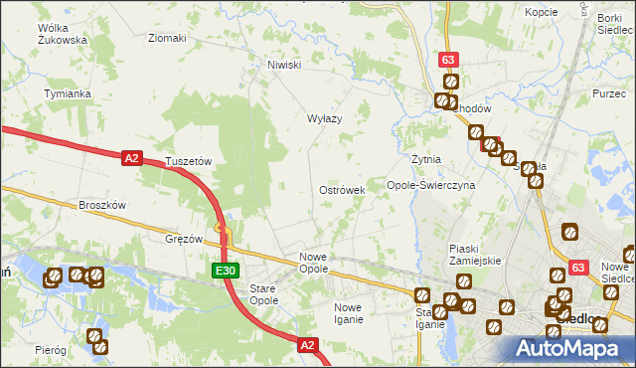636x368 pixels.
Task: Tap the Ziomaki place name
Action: tap(167, 39)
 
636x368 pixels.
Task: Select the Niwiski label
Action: tap(283, 65)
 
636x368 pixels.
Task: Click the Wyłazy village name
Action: tap(324, 118)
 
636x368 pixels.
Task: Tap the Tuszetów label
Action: tap(189, 161)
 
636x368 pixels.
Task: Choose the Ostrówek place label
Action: tap(342, 189)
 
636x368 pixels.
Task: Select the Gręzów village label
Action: tap(184, 240)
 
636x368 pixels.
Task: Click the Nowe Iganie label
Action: tap(355, 313)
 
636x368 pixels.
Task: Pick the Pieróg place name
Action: tap(50, 350)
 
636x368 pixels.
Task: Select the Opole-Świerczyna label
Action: tap(430, 185)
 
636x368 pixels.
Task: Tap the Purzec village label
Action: tap(607, 92)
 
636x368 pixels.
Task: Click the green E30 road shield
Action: tap(226, 271)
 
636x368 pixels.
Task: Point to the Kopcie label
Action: tap(541, 12)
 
